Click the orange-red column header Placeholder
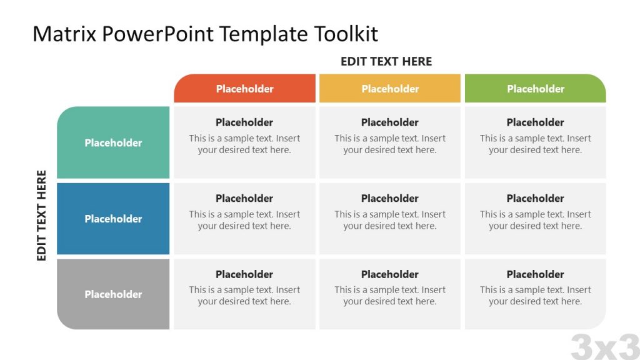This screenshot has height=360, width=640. point(244,89)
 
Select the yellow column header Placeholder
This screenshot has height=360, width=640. point(390,89)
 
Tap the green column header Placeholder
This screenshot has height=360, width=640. point(536,89)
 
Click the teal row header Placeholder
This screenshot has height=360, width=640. point(113,142)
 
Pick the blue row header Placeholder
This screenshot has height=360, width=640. point(113,219)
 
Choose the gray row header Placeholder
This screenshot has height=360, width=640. point(113,294)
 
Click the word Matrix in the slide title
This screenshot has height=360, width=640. point(64,34)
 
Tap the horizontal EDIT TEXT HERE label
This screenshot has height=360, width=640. point(386,61)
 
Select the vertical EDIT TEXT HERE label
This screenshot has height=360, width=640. point(42,216)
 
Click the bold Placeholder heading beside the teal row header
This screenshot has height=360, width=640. point(244,122)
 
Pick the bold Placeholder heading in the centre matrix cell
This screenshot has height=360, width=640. point(390,198)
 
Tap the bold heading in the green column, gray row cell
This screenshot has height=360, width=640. point(536,274)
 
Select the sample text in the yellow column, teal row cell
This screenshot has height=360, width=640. point(390,144)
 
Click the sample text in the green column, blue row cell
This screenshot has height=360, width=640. point(536,220)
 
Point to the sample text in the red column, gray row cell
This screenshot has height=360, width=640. point(244,296)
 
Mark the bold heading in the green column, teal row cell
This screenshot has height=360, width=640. point(536,122)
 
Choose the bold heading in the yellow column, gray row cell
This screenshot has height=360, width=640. point(390,274)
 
